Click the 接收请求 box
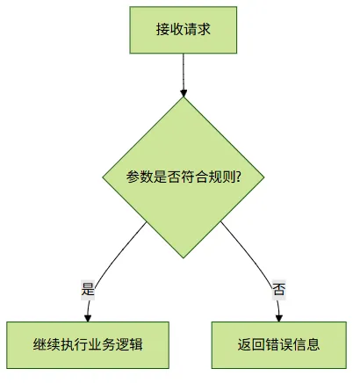(184, 30)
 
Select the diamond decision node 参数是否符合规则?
(184, 177)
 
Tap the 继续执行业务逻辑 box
(88, 345)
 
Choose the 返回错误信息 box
(279, 345)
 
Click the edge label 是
(88, 290)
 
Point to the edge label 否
(279, 290)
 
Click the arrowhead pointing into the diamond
(184, 93)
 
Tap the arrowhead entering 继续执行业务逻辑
(88, 318)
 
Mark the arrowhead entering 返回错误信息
(279, 318)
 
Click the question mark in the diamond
(238, 177)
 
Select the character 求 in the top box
(204, 30)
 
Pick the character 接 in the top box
(162, 30)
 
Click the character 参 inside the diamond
(133, 177)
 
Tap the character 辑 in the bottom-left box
(136, 344)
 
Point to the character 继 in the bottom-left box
(40, 344)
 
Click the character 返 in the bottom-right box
(244, 344)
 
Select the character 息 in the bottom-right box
(313, 344)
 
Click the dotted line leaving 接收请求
(184, 72)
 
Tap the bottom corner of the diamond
(184, 258)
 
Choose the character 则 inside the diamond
(229, 177)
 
